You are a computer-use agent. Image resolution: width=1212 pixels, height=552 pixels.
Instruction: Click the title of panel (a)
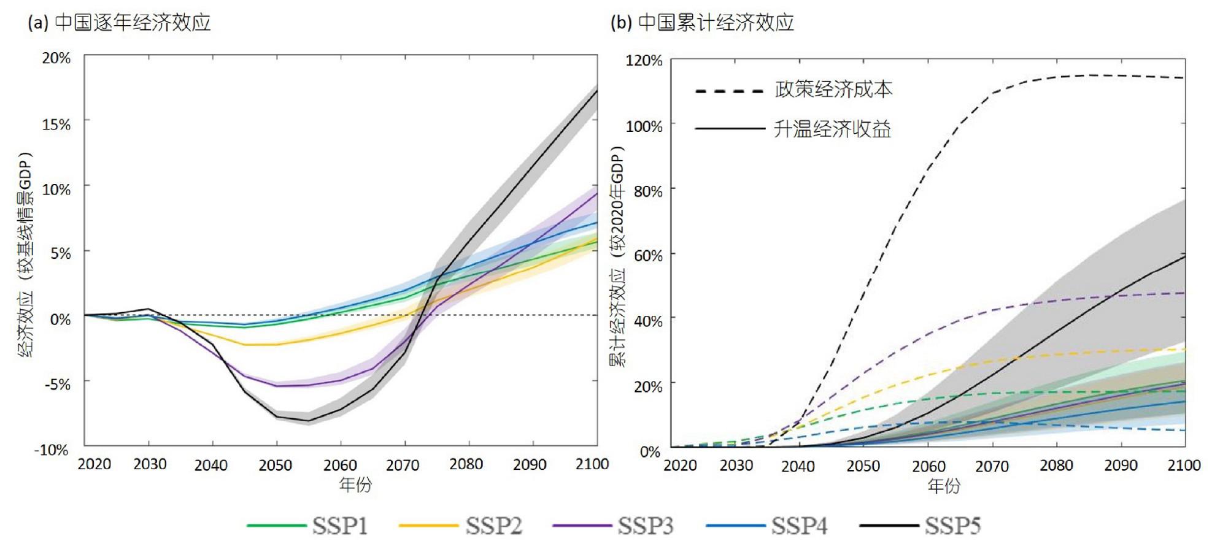click(x=120, y=23)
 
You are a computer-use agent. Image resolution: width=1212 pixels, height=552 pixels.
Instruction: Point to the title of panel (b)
click(x=702, y=23)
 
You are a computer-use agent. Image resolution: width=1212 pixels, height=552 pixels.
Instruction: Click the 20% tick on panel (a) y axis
click(x=56, y=58)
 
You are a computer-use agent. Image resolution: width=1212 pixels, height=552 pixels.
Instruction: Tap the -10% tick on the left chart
click(x=52, y=450)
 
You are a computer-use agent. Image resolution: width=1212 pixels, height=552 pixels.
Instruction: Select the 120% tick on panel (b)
click(x=644, y=61)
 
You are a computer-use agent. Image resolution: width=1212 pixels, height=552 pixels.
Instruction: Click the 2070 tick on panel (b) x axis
click(x=992, y=467)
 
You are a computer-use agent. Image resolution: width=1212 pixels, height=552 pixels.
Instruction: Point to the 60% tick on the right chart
click(x=648, y=256)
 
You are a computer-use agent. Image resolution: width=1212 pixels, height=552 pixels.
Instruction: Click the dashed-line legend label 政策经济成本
click(x=833, y=90)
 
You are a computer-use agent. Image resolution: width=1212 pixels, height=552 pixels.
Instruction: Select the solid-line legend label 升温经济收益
click(x=832, y=129)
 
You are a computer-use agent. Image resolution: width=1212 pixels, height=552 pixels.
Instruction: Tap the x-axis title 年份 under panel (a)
click(x=355, y=485)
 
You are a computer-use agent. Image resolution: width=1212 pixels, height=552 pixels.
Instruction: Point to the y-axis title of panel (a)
click(x=26, y=255)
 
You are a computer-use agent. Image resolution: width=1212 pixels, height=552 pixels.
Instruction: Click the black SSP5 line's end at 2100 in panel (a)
click(x=596, y=91)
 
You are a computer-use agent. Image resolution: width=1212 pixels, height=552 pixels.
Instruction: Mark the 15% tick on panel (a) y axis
click(x=56, y=125)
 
